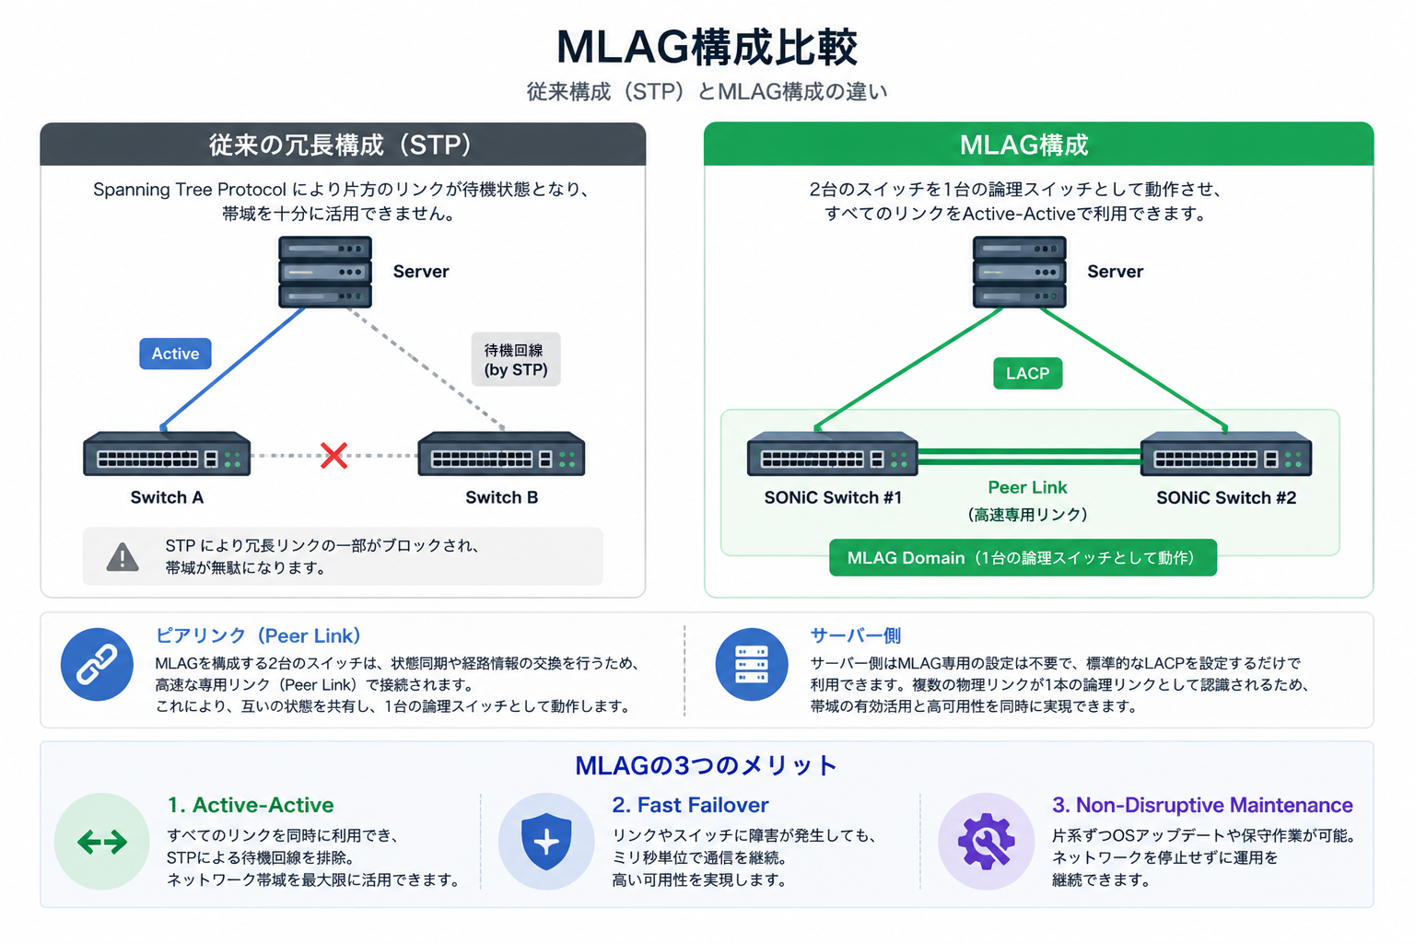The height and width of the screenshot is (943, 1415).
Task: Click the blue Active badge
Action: (175, 354)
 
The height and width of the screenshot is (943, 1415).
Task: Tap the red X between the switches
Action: (333, 456)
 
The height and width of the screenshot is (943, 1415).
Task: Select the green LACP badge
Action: (1028, 373)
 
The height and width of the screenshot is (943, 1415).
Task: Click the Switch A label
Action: (167, 497)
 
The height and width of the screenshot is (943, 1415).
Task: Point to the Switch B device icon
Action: (501, 453)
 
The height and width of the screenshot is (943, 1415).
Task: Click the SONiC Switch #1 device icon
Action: (833, 453)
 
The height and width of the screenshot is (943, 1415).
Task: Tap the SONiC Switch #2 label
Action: (1226, 497)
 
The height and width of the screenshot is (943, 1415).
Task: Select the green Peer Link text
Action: (1027, 487)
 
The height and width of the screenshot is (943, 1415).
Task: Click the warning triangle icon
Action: (123, 557)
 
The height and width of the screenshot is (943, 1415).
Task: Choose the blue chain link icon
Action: (97, 665)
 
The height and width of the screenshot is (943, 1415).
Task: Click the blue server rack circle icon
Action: (752, 665)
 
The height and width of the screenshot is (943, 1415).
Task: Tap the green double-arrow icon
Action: (101, 842)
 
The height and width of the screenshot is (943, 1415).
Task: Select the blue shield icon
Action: (546, 842)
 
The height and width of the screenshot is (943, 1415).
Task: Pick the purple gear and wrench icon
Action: (986, 842)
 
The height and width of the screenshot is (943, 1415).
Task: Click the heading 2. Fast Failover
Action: (690, 805)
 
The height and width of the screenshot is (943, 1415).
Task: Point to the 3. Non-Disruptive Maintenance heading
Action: (1202, 805)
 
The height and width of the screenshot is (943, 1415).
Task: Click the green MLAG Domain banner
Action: (1023, 558)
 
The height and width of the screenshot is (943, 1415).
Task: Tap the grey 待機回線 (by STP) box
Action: (516, 359)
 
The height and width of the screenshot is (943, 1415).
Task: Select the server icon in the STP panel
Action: (325, 272)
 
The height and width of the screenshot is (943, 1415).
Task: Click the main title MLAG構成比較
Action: (707, 47)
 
